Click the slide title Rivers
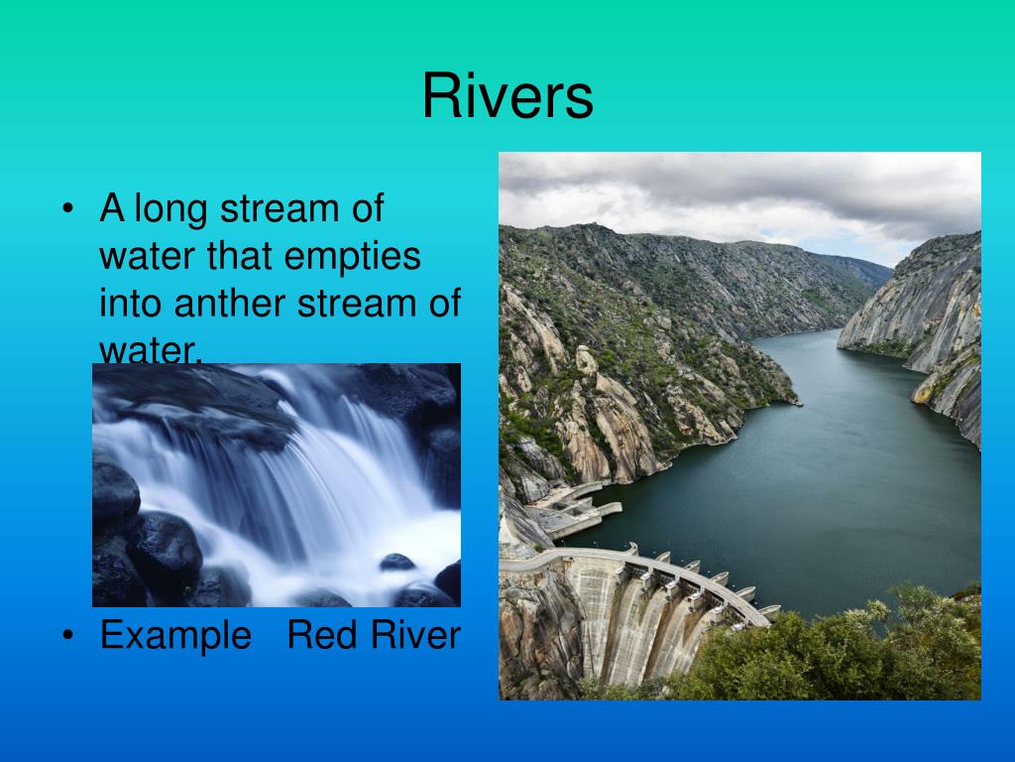tap(507, 97)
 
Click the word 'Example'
tap(175, 635)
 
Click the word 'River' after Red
tap(416, 635)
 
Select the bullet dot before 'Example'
tap(67, 636)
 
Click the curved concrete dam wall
tap(634, 615)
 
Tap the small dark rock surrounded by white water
tap(397, 562)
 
